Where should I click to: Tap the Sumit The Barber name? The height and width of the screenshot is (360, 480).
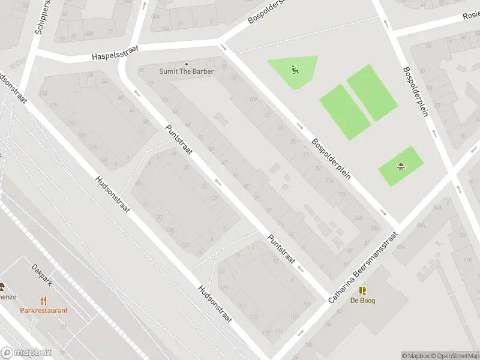point(186,71)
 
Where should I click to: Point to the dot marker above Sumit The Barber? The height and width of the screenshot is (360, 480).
point(186,64)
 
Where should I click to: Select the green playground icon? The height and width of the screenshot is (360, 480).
point(294,69)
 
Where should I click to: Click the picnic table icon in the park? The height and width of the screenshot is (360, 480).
point(400,166)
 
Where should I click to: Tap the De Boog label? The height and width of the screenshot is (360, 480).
point(362,301)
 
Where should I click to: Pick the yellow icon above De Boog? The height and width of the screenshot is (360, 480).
point(362,290)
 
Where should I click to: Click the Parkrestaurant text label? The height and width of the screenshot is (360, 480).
point(43,310)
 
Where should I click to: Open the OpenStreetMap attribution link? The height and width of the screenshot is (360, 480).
point(447,356)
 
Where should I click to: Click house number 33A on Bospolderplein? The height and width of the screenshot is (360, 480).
point(343,194)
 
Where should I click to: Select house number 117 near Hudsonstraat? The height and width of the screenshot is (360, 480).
point(254,317)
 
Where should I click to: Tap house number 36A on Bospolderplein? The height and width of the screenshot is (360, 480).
point(359,218)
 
